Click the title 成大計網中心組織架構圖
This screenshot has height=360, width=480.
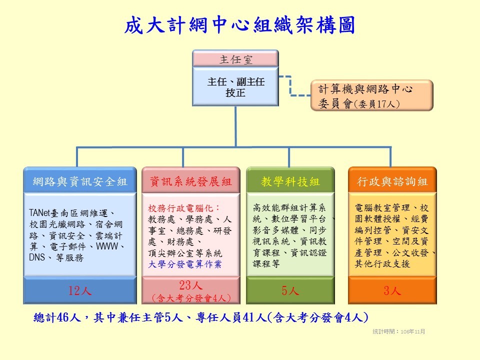click(x=239, y=25)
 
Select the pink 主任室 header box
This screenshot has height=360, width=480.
click(x=235, y=58)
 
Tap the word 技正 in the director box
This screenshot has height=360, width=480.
click(x=235, y=92)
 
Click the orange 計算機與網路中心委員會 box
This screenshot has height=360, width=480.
click(x=372, y=95)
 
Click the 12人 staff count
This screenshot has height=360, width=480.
click(x=80, y=290)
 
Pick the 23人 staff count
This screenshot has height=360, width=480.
click(x=190, y=285)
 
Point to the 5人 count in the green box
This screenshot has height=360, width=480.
click(x=290, y=290)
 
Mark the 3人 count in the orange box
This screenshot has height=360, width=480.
click(x=392, y=290)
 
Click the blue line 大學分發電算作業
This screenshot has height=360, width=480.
click(x=184, y=264)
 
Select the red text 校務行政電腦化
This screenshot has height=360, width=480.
click(x=180, y=208)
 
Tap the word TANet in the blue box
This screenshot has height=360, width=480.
click(x=39, y=213)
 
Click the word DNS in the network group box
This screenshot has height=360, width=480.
click(x=36, y=257)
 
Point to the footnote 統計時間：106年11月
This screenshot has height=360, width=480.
click(x=398, y=331)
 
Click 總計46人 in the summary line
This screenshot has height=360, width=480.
click(x=57, y=317)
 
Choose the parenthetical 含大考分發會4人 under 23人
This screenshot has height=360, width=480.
click(x=191, y=298)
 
